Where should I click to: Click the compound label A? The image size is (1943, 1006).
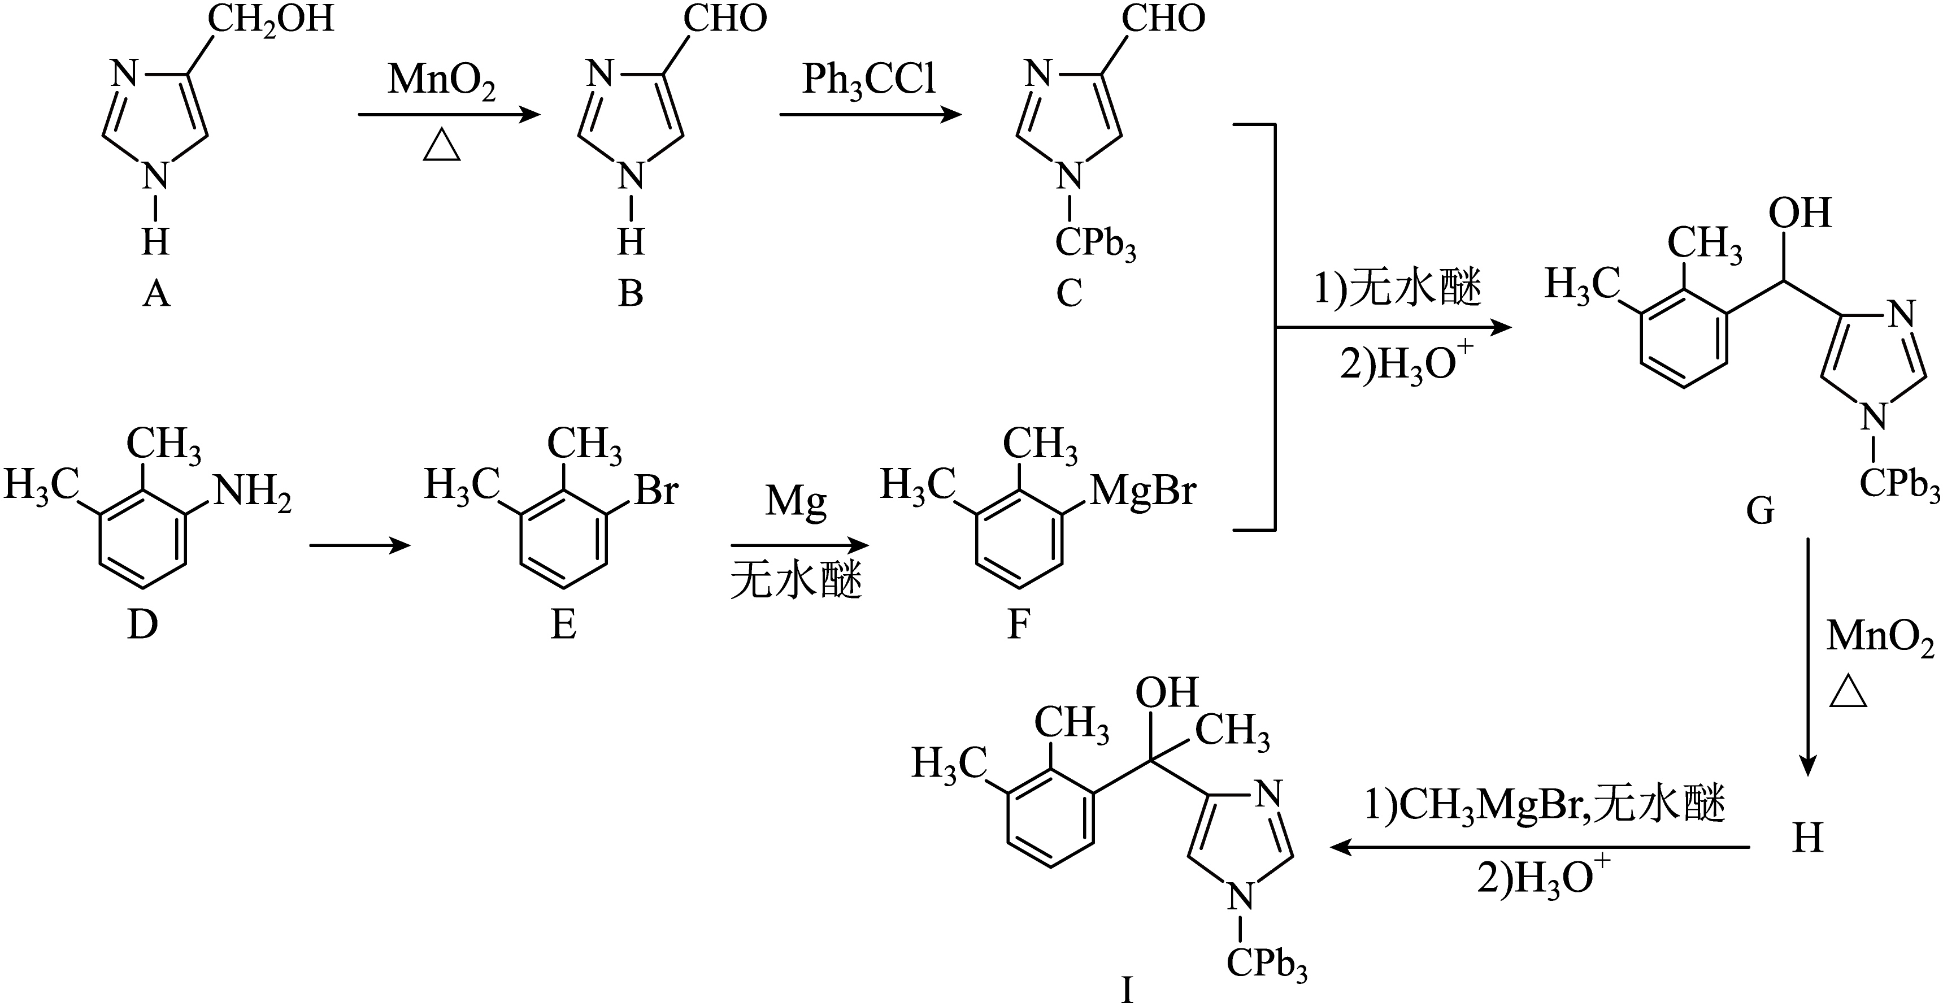coord(156,293)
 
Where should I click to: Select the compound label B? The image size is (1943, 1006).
coord(631,293)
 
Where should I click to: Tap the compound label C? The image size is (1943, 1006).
coord(1069,293)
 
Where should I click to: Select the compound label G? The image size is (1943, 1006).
coord(1760,511)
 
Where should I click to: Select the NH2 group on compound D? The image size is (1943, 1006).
coord(253,493)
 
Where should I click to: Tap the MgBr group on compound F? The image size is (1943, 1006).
coord(1144,491)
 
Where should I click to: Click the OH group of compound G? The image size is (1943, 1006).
coord(1799,214)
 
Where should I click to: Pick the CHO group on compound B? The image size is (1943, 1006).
coord(725,18)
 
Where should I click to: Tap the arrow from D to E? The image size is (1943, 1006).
coord(360,545)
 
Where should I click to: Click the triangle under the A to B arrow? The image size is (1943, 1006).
coord(441,146)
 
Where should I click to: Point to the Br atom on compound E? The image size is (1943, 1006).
coord(656,490)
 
